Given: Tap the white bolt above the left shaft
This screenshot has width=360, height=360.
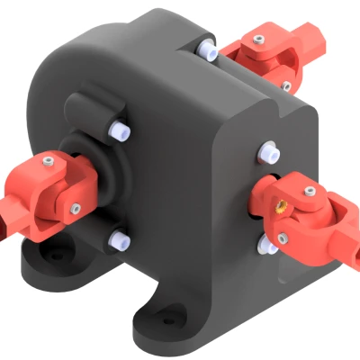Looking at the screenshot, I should coord(118,130).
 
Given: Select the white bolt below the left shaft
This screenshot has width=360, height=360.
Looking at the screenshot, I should coord(117,238).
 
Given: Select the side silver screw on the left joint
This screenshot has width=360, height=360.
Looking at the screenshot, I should coord(74,209).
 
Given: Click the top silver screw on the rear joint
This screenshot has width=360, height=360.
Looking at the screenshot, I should coord(260,41).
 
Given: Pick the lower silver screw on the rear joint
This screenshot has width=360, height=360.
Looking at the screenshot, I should coord(285,86).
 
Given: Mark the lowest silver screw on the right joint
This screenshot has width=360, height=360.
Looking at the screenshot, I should coord(282,238).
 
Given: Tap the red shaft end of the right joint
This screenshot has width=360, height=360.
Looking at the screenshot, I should coord(346,238).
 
